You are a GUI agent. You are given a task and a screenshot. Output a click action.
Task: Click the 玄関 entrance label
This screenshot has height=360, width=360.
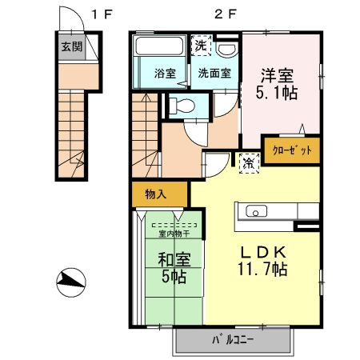click(x=70, y=46)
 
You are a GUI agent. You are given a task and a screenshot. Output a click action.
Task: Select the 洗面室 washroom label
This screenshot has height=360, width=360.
click(x=214, y=73)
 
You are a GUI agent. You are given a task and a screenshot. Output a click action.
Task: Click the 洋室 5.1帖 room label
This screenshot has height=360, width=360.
click(x=277, y=84)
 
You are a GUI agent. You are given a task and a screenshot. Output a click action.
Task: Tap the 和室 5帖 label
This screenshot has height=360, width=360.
click(x=172, y=266)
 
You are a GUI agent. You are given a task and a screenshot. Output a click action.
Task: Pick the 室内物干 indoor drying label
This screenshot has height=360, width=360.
click(x=173, y=234)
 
